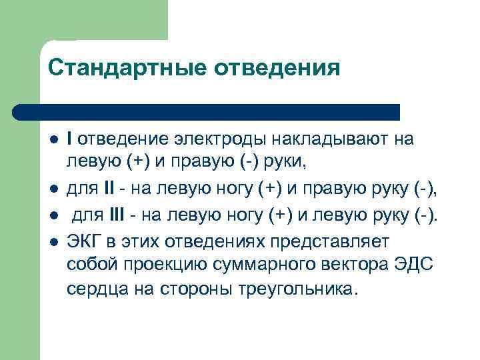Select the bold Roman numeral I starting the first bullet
click(70, 139)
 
